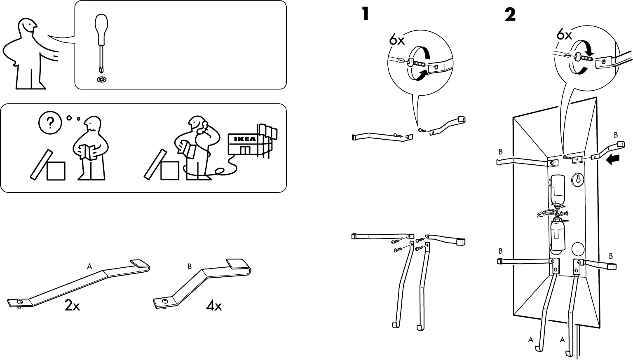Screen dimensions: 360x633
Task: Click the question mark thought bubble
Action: (x=50, y=122)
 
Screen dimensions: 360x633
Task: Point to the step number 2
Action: (x=510, y=15)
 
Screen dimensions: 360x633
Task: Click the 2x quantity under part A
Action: (x=72, y=306)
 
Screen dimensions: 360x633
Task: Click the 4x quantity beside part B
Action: (x=214, y=306)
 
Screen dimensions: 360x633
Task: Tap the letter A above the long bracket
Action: (x=89, y=266)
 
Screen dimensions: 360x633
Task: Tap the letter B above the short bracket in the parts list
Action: (x=190, y=266)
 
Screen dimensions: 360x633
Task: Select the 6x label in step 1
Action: (x=397, y=40)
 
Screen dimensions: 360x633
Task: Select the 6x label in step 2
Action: (x=564, y=35)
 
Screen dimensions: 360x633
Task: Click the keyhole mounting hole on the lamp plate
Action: (x=578, y=180)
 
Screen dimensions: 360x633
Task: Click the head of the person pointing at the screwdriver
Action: (x=27, y=29)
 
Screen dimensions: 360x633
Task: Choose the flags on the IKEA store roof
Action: (x=267, y=131)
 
